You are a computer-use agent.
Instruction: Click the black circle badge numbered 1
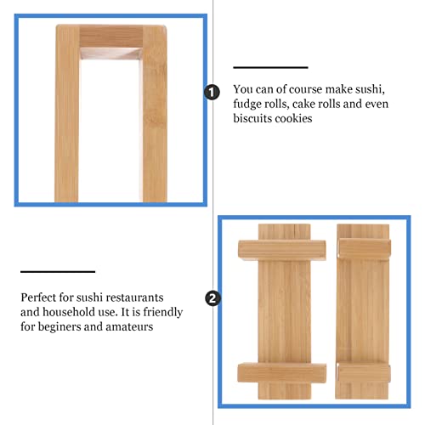click(x=212, y=93)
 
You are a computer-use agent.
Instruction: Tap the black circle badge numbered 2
click(x=212, y=298)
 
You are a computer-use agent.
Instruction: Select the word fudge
click(x=250, y=104)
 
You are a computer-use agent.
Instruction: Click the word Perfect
click(x=40, y=297)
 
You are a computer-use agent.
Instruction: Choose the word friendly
click(x=161, y=313)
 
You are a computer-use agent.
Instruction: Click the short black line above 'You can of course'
click(x=270, y=67)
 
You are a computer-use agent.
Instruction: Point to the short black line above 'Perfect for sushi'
click(x=58, y=272)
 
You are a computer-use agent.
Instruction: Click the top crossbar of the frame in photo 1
click(x=110, y=36)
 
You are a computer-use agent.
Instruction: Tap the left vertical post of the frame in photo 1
click(x=67, y=119)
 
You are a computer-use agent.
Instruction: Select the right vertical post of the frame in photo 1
click(x=154, y=119)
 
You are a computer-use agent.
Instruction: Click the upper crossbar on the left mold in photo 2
click(x=280, y=250)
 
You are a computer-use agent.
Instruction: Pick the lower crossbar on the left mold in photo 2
click(x=280, y=374)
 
